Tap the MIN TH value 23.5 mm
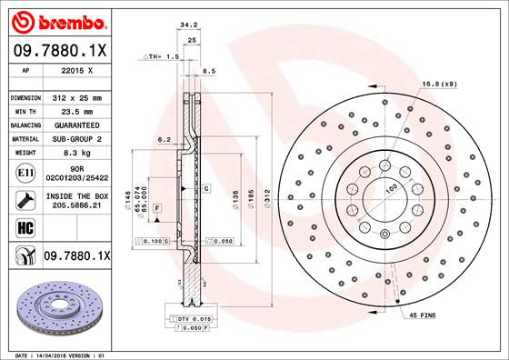click(76, 111)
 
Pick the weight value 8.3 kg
click(76, 155)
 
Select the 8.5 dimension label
click(208, 70)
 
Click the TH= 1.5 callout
click(160, 56)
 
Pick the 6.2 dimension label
click(165, 140)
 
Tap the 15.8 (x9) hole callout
click(438, 85)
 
